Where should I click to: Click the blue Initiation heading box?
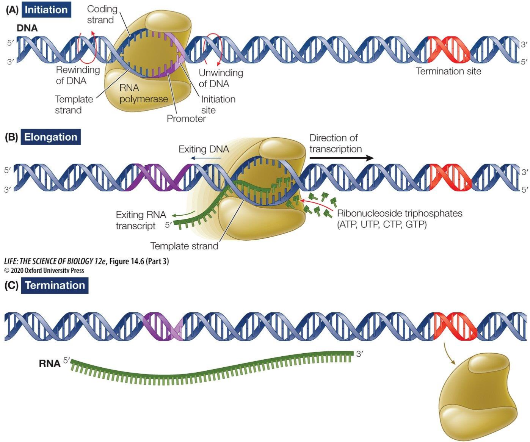tap(46, 10)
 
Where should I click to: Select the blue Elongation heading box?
tap(50, 137)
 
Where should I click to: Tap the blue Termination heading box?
tap(55, 285)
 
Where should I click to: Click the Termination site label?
tap(448, 71)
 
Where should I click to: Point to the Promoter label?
tap(186, 119)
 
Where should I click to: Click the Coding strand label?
tap(102, 14)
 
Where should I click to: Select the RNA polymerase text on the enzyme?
tap(143, 94)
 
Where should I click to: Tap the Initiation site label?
tap(218, 105)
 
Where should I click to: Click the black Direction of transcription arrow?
tap(341, 158)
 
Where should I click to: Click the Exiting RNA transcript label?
tap(140, 220)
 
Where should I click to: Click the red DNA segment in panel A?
tap(448, 50)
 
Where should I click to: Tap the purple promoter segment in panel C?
tap(163, 326)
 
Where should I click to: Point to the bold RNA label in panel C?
tap(50, 364)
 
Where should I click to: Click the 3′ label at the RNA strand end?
tap(360, 354)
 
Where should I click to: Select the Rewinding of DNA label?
tap(77, 75)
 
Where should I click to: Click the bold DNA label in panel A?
tap(27, 28)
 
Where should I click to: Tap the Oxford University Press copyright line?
tap(44, 270)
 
